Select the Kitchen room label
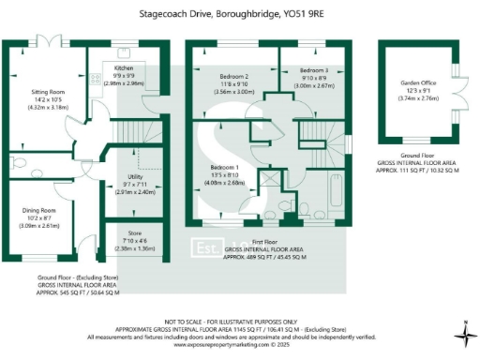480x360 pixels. coord(124,68)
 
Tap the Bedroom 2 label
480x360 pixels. coord(234,76)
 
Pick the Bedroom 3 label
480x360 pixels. coord(314,70)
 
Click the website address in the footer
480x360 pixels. coord(239,345)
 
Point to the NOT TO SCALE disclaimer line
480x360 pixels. coord(239,321)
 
